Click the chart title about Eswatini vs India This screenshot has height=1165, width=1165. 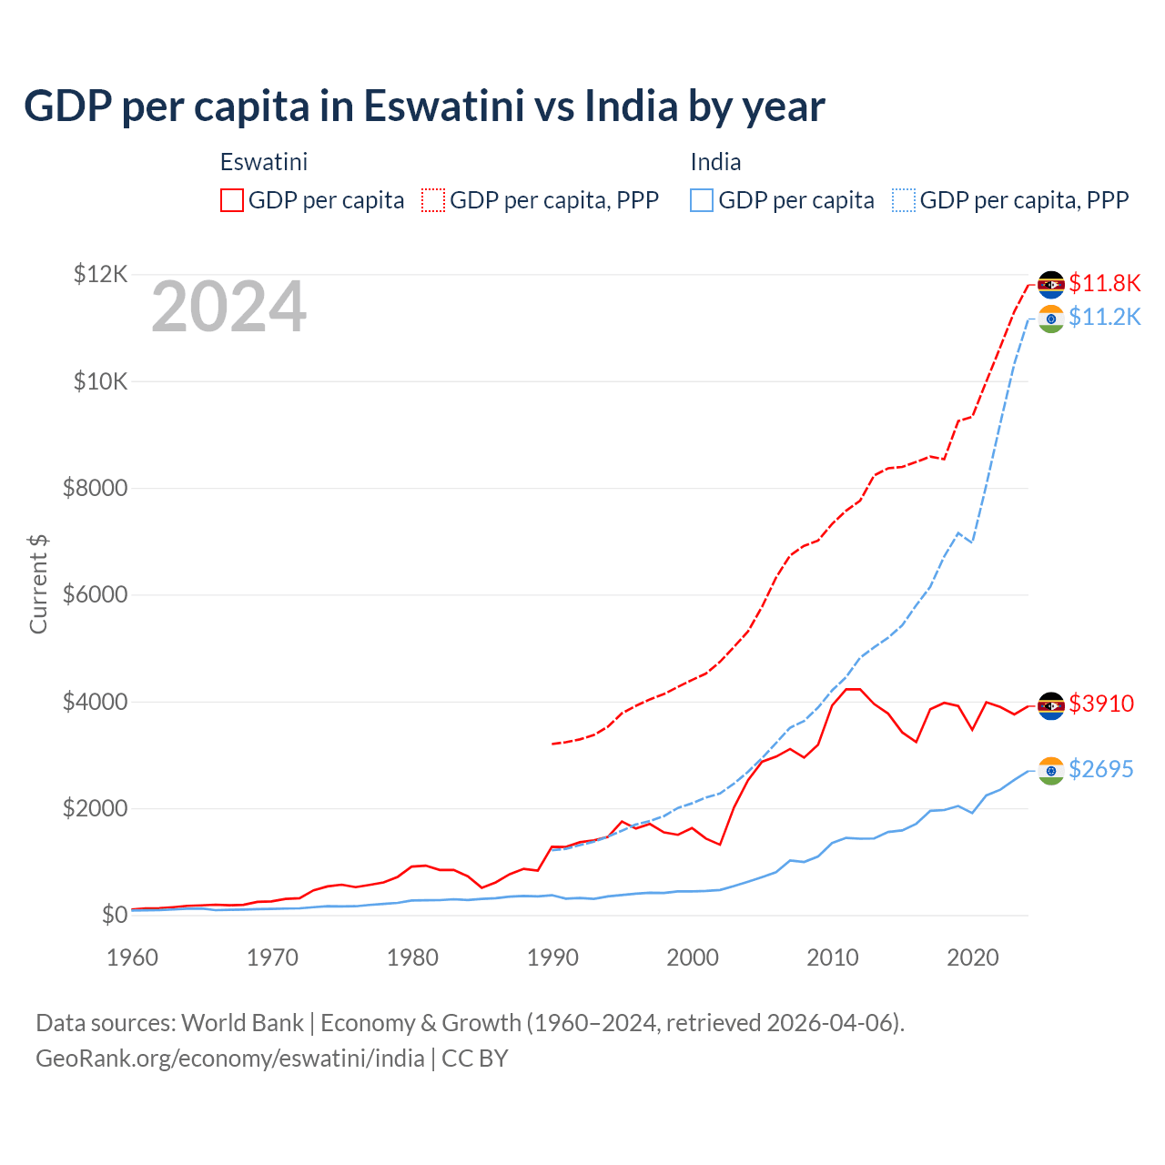tap(424, 106)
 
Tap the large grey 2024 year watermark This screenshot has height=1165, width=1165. tap(228, 307)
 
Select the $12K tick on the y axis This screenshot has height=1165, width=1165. tap(100, 274)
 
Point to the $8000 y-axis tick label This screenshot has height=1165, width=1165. tap(95, 488)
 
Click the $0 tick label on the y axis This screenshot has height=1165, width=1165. tap(114, 915)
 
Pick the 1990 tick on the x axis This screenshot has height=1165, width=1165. tap(552, 957)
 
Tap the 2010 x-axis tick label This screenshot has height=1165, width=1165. tap(833, 957)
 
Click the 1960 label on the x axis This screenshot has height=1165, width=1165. tap(132, 957)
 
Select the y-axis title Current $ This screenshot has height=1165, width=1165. tap(38, 584)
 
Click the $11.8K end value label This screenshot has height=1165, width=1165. tap(1104, 283)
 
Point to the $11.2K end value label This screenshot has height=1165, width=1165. tap(1104, 317)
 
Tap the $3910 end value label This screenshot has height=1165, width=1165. tap(1101, 704)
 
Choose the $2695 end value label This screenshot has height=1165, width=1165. tap(1100, 769)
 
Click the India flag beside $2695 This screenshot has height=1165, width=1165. tap(1051, 771)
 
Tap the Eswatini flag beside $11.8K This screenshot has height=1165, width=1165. tap(1051, 284)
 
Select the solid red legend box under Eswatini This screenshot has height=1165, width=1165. tap(232, 200)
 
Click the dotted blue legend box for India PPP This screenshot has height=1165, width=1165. tap(904, 200)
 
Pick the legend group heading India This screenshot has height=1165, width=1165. tap(715, 162)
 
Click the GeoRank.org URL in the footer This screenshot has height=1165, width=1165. tap(230, 1059)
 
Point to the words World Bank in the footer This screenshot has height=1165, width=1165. tap(242, 1023)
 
